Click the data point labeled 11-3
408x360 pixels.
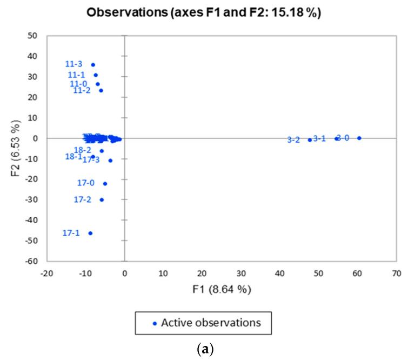click(93, 65)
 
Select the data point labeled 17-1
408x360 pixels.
click(90, 233)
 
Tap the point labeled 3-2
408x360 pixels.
click(310, 139)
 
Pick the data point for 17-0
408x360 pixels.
click(105, 184)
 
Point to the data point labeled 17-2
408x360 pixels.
click(102, 200)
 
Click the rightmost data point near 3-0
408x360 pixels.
click(359, 138)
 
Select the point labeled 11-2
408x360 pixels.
click(101, 90)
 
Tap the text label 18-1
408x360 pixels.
click(73, 157)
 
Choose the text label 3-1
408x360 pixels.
click(319, 138)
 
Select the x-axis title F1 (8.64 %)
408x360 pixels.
click(222, 289)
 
